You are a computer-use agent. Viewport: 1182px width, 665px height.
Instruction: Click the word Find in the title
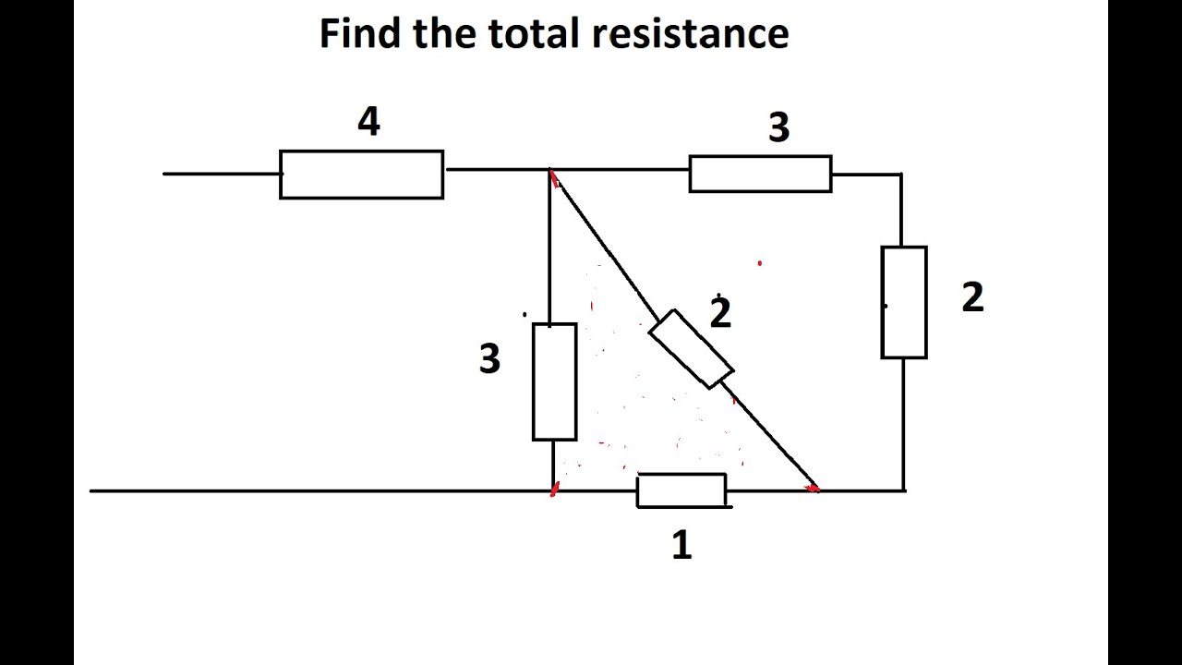click(361, 34)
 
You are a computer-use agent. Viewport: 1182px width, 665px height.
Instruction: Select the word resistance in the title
click(690, 34)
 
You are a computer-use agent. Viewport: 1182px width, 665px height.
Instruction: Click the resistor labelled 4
click(361, 175)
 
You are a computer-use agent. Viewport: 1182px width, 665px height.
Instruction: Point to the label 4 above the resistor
click(368, 122)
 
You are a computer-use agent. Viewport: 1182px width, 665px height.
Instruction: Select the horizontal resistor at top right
click(760, 174)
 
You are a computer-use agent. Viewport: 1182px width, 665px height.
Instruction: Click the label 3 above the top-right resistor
click(778, 128)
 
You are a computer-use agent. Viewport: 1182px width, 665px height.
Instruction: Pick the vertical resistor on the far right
click(904, 302)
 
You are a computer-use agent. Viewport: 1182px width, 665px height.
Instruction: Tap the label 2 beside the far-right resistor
click(972, 298)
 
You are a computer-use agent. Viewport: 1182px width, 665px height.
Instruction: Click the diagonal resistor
click(691, 348)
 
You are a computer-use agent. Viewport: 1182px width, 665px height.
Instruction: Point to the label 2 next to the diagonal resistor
click(720, 313)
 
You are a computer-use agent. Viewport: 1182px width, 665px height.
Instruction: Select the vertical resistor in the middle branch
click(554, 381)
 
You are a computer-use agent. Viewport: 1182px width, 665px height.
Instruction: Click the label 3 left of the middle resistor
click(489, 358)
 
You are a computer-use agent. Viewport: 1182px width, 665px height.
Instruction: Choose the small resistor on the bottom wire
click(681, 490)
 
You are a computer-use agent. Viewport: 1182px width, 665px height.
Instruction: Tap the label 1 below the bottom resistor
click(681, 546)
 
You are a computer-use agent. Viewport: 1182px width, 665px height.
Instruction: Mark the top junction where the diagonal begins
click(550, 171)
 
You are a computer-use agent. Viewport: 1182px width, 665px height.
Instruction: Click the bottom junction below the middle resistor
click(553, 490)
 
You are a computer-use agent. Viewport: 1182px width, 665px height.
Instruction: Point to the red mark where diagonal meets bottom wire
click(813, 488)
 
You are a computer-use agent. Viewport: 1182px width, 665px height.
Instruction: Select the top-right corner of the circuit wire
click(901, 174)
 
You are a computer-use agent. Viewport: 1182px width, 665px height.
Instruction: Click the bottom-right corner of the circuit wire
click(904, 490)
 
